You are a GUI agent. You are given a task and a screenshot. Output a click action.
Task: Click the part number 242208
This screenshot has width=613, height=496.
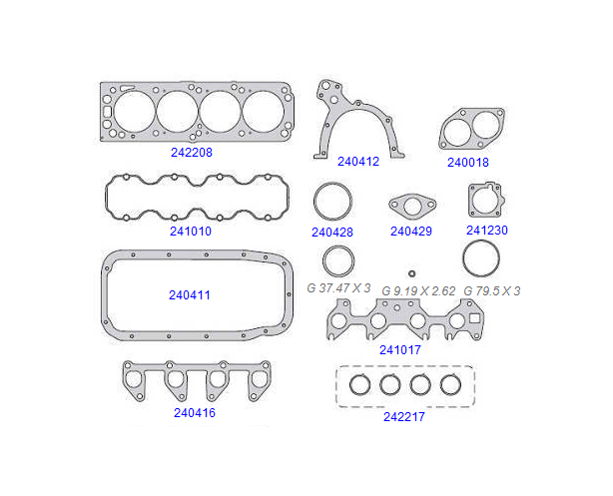pos(192,153)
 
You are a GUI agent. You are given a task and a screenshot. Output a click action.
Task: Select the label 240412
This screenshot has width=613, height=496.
pos(358,162)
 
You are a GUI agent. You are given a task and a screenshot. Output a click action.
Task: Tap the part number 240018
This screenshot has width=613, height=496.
pos(468,163)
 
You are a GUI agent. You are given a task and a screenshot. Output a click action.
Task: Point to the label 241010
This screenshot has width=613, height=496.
pos(191,232)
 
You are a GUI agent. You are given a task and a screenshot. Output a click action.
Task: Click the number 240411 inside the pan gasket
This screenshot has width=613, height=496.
pos(190,295)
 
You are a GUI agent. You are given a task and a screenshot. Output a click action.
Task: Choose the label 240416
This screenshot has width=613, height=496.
pos(195,413)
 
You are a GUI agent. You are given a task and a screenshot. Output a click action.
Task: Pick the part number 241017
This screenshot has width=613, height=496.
pos(400,350)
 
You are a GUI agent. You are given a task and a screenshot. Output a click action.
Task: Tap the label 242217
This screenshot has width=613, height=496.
pos(404,417)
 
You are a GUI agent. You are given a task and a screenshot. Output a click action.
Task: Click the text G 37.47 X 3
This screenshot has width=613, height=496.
pos(338,288)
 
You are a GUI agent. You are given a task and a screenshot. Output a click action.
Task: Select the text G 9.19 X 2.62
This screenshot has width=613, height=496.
pos(418,291)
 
